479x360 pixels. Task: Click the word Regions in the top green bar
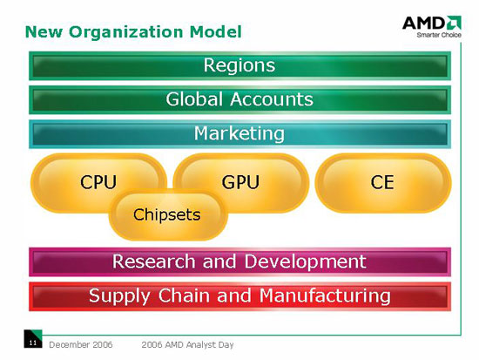pos(239,65)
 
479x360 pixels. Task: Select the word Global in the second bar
pos(194,99)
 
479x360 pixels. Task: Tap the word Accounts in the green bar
pos(272,99)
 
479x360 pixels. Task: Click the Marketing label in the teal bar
pos(239,134)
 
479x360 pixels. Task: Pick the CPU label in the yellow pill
pos(98,182)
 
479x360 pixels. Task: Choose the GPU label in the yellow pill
pos(240,182)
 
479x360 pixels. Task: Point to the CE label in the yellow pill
pos(382,182)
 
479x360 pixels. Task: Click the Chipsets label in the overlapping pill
pos(167,214)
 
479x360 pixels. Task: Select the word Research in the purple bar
pos(153,262)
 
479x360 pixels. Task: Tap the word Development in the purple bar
pos(305,262)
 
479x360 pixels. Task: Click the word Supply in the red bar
pos(120,296)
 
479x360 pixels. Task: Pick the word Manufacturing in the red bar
pos(325,296)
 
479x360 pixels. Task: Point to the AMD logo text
pos(424,24)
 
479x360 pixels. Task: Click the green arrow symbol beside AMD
pos(454,23)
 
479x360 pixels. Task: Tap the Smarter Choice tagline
pos(439,35)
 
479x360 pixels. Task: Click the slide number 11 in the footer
pos(33,343)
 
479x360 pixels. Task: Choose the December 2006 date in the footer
pos(81,344)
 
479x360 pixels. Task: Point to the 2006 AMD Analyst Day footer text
pos(187,345)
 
